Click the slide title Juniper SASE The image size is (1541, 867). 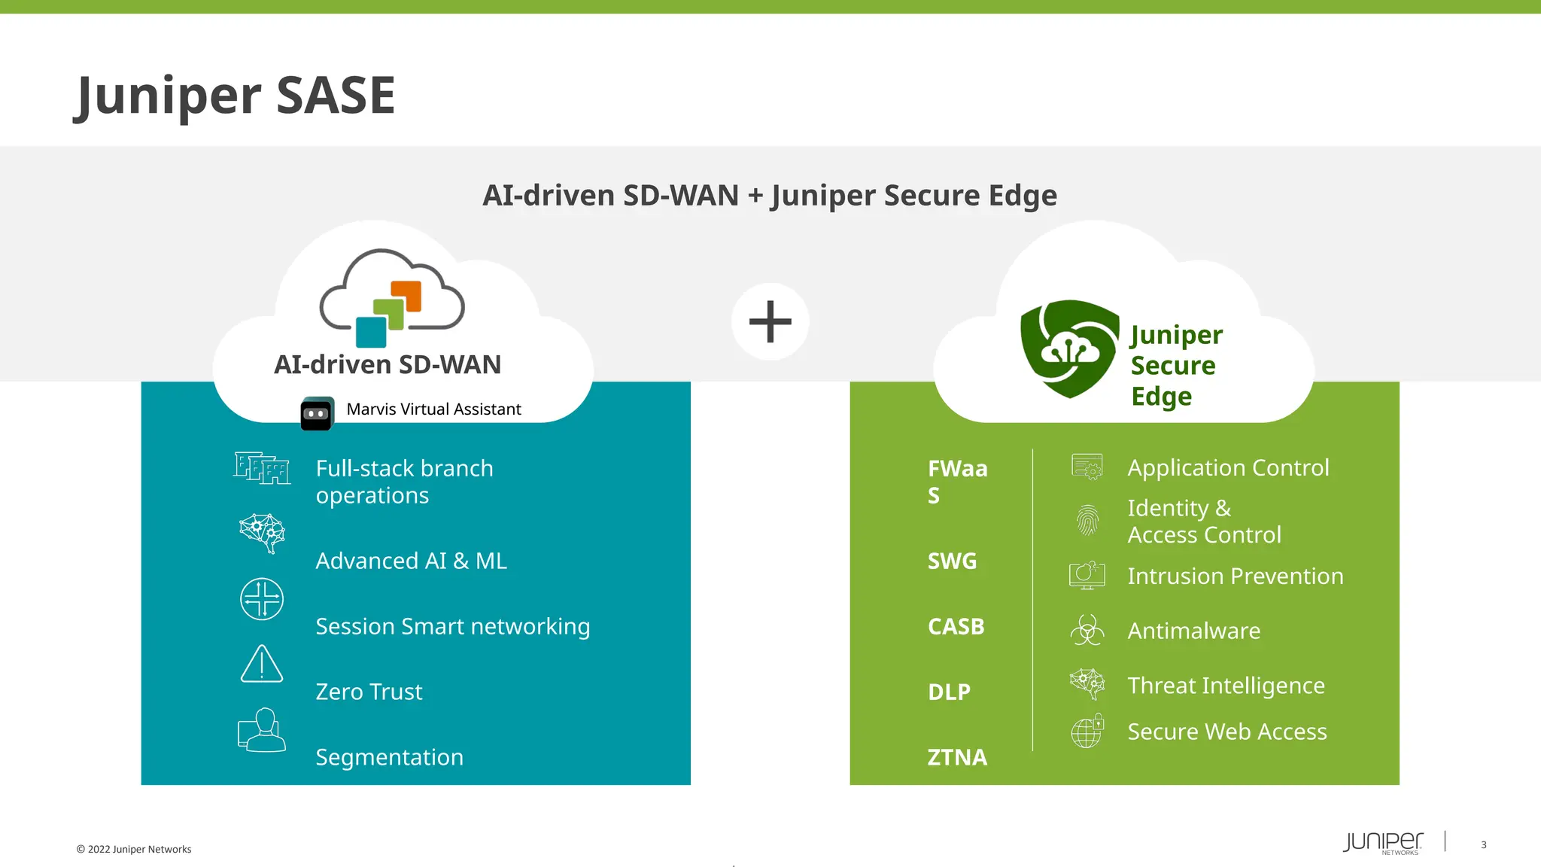[235, 96]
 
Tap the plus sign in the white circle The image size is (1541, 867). [770, 322]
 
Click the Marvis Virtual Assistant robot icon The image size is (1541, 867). [317, 414]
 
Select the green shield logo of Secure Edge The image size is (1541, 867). [1068, 348]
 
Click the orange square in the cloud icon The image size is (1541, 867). [406, 296]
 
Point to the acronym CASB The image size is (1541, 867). [956, 626]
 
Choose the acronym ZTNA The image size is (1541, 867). [956, 756]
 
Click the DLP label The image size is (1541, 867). [949, 692]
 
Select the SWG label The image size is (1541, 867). [952, 561]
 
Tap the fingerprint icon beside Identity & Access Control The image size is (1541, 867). [1087, 520]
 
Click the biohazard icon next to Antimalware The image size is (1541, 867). [1087, 630]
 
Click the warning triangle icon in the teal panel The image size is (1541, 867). [261, 664]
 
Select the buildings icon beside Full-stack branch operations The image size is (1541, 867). [261, 468]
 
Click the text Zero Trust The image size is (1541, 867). [369, 692]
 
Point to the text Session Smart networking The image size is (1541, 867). [452, 626]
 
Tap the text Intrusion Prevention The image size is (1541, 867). [1235, 576]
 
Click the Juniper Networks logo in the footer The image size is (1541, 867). [1382, 842]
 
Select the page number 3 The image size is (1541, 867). [1483, 844]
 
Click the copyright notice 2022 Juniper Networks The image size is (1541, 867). [134, 849]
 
